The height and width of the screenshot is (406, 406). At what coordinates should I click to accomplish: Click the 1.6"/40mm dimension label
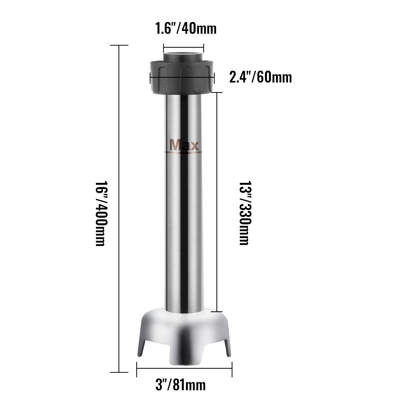[186, 28]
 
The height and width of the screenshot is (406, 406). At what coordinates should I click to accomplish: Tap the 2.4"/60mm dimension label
[260, 78]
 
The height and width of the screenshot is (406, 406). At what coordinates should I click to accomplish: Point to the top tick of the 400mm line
[119, 45]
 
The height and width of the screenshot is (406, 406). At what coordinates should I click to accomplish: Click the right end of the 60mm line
[214, 77]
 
